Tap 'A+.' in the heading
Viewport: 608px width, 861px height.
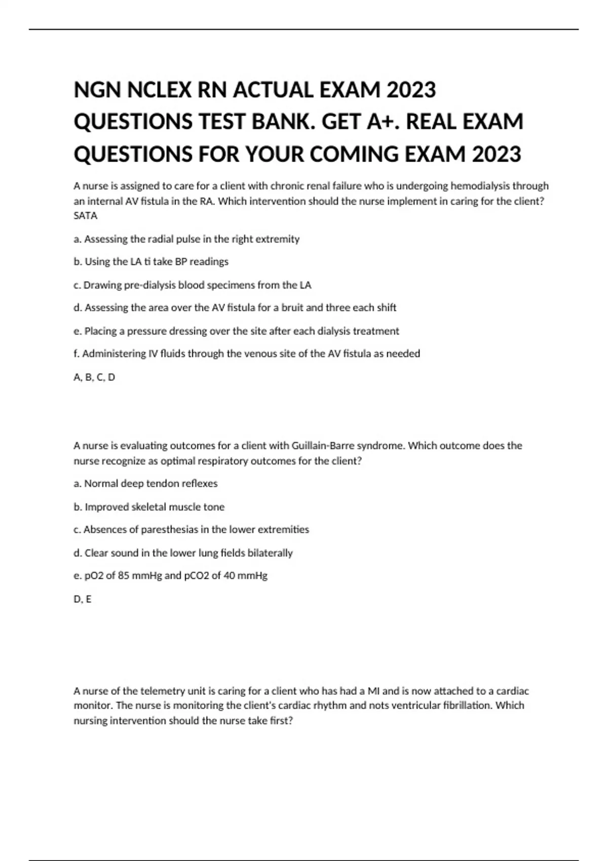pos(384,122)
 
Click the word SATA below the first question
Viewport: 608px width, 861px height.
pos(85,216)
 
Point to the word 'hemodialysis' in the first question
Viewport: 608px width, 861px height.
pos(480,186)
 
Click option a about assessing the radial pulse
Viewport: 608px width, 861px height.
pos(186,239)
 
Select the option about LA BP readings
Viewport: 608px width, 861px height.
pos(151,262)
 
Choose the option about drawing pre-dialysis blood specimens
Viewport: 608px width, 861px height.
pos(192,285)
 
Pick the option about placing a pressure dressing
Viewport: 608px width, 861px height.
pos(236,331)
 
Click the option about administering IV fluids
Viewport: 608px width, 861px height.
pos(247,354)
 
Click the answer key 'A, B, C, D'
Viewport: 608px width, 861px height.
pos(94,377)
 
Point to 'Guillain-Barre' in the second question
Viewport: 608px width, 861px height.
pos(323,446)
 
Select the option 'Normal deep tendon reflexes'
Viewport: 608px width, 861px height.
pos(145,484)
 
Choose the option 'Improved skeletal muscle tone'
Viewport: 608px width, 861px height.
pos(149,507)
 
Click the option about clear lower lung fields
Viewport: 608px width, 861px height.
pos(183,553)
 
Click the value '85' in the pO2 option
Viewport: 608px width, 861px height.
pos(123,576)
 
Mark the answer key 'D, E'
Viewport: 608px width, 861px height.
pos(83,599)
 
